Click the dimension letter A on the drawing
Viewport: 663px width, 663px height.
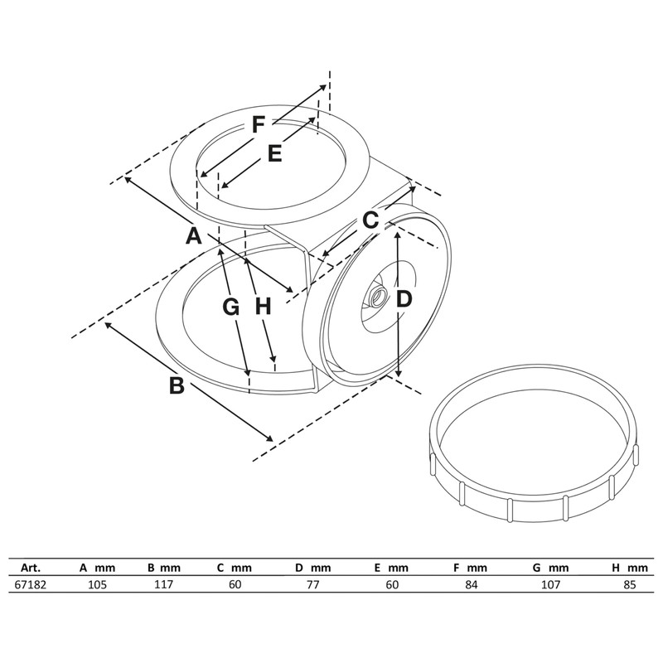point(193,235)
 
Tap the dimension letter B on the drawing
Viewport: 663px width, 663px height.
point(177,385)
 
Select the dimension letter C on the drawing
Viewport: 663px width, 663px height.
point(370,220)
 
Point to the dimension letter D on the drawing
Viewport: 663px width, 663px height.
point(403,299)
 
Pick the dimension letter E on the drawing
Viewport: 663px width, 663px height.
point(275,153)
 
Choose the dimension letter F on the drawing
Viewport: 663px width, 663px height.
point(259,125)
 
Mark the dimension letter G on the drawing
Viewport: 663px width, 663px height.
point(231,307)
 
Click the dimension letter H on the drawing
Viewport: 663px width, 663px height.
point(263,307)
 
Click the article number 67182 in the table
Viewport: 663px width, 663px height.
point(30,584)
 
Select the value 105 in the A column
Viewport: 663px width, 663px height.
point(99,584)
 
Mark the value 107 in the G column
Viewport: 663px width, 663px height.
point(550,584)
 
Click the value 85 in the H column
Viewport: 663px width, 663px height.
point(630,584)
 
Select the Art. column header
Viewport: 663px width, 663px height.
point(31,568)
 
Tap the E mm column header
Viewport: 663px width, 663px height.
point(391,568)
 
